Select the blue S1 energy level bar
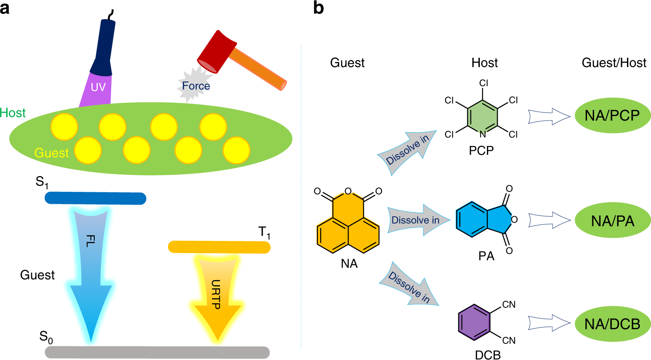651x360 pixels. (96, 198)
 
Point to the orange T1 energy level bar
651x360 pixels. (219, 247)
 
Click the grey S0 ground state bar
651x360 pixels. (157, 352)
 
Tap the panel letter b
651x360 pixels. (319, 9)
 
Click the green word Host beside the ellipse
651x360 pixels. (13, 113)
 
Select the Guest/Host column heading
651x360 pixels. (614, 63)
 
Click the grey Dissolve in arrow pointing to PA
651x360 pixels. (415, 219)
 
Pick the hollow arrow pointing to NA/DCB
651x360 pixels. (549, 323)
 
